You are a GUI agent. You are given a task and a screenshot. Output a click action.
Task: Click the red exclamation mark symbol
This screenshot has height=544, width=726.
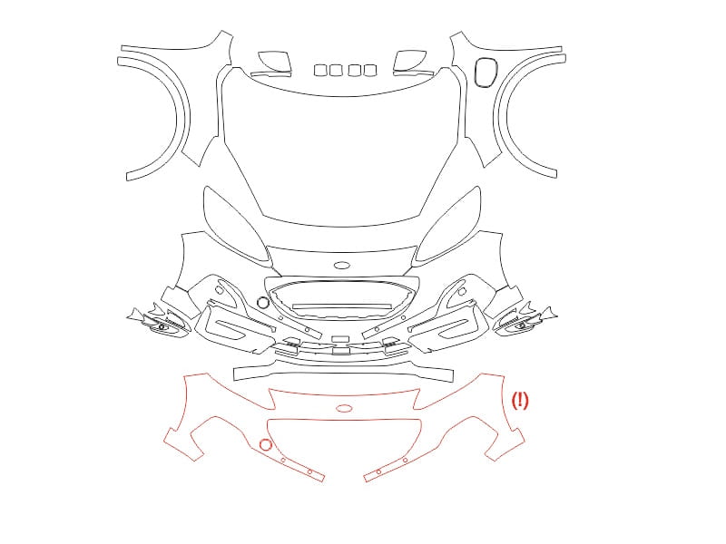click(520, 400)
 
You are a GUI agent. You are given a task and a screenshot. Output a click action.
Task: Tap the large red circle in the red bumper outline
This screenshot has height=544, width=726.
click(265, 445)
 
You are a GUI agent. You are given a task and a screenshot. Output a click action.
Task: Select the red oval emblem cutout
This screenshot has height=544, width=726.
click(344, 409)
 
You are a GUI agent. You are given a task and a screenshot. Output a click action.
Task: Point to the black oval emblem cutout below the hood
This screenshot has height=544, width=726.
click(343, 266)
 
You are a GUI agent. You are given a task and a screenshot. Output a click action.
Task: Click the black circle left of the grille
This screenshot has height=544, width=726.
click(262, 303)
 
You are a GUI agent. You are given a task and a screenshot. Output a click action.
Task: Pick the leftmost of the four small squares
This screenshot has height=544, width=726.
click(320, 71)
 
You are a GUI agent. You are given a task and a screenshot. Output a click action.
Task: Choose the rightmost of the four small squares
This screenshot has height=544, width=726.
click(370, 71)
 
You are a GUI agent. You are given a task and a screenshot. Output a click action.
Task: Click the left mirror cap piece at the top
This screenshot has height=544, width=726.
click(274, 62)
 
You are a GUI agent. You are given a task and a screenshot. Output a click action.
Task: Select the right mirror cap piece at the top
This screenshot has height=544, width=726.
click(410, 61)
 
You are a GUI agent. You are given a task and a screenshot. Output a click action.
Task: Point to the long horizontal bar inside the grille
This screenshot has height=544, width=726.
click(342, 306)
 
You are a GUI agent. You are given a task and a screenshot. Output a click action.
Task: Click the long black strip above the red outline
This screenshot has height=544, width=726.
click(344, 373)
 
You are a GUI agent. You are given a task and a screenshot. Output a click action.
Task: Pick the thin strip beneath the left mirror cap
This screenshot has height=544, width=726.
click(270, 73)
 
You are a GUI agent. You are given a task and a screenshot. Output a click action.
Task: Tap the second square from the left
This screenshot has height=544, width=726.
click(335, 71)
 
